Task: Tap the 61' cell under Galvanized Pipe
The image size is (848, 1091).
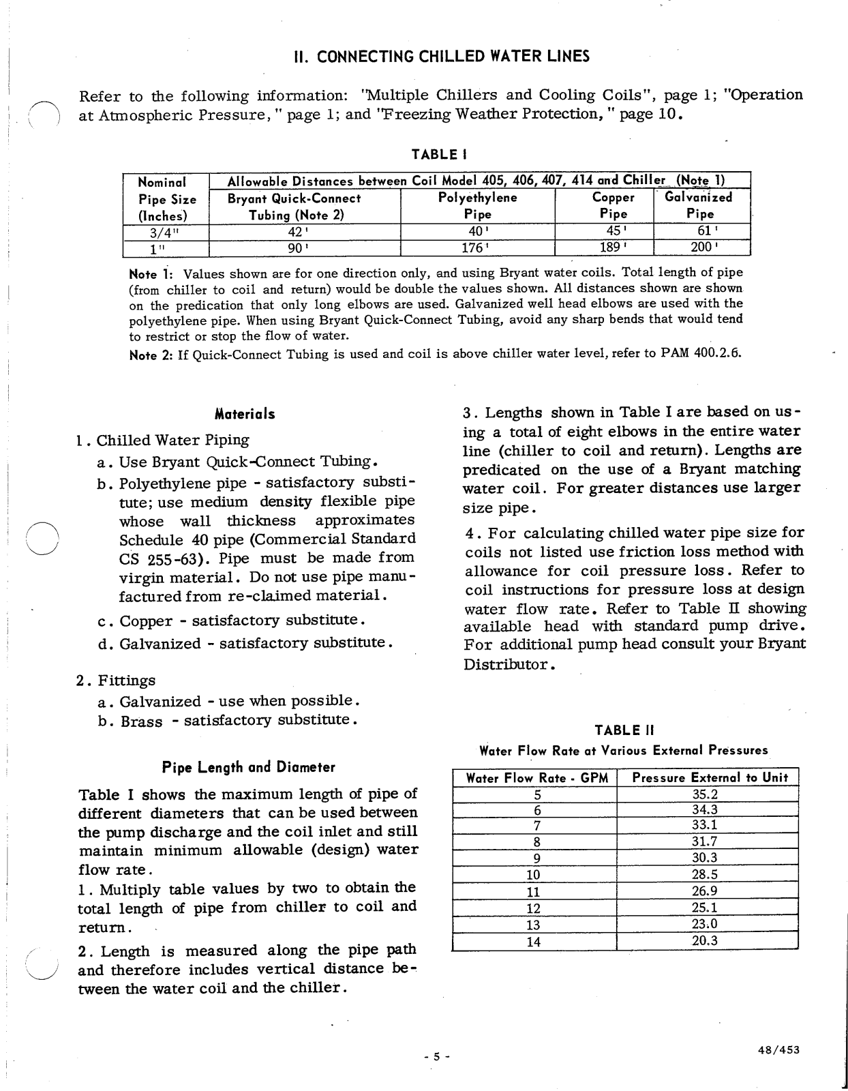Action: [x=701, y=231]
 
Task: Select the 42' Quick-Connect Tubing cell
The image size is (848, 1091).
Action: [x=304, y=231]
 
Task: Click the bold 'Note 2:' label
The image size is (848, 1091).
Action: [x=151, y=355]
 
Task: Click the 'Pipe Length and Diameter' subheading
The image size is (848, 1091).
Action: [x=248, y=767]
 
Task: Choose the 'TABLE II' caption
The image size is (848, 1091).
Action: [x=624, y=730]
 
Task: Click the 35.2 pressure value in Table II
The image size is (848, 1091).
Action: [x=706, y=794]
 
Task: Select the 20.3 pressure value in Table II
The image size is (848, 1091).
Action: [x=706, y=942]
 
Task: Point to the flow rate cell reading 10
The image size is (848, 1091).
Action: [x=534, y=875]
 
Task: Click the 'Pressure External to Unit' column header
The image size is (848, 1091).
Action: [x=710, y=777]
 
